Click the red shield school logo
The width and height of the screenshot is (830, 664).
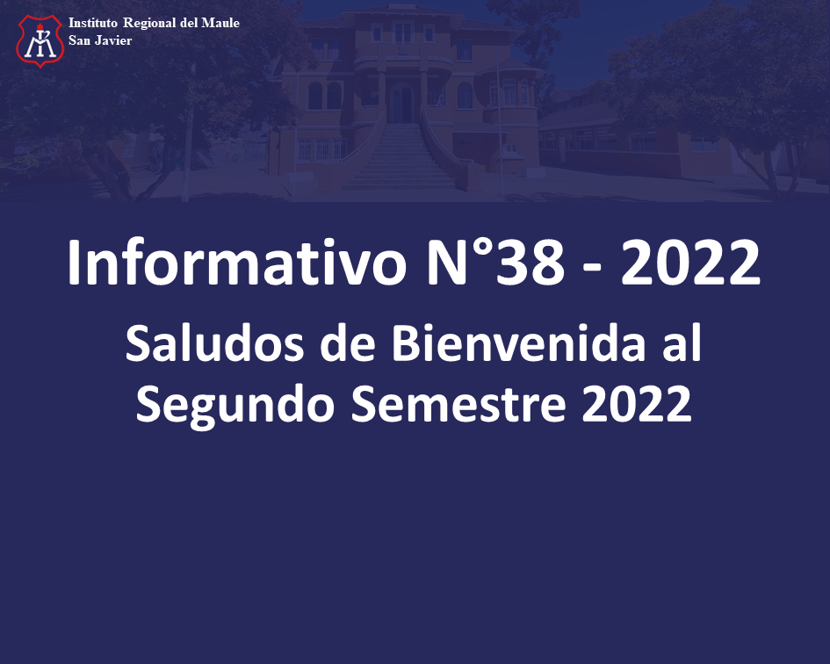coord(40,40)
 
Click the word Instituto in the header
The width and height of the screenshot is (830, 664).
coord(93,23)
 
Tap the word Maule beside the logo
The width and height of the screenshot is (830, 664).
coord(220,23)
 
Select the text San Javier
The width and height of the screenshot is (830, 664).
coord(100,40)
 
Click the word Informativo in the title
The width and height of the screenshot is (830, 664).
coord(236,263)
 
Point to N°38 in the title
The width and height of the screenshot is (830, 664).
coord(496,263)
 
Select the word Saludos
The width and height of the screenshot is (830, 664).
coord(214,343)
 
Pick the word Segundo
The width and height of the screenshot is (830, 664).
coord(235,404)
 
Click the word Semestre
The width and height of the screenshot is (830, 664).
coord(458,403)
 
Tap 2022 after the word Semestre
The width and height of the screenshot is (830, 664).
coord(637,403)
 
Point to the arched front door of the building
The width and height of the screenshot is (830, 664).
coord(401,104)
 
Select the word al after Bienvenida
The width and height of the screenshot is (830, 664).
coord(682,343)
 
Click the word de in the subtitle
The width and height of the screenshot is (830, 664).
coord(348,343)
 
